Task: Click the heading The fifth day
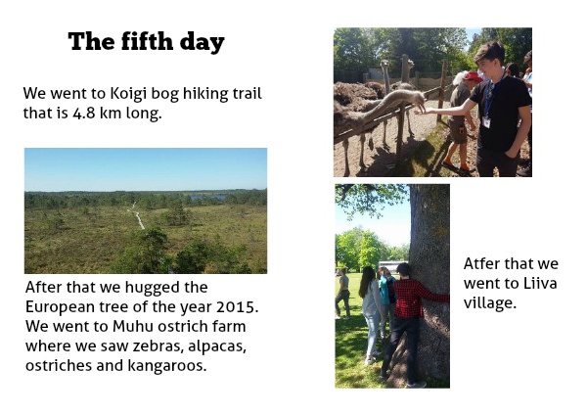147,41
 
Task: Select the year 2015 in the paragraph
238,306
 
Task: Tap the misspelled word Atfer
480,263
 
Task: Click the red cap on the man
473,76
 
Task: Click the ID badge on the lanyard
486,122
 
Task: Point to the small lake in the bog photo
207,197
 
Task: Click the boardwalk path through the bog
136,215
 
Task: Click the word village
490,303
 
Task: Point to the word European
60,307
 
